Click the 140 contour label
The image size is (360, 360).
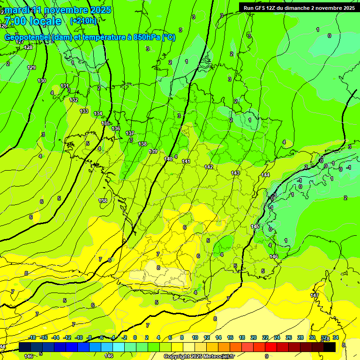[168, 159]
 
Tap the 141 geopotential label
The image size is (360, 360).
[186, 161]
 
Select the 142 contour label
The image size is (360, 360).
[209, 167]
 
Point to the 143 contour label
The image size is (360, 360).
[235, 173]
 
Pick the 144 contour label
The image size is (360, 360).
[265, 175]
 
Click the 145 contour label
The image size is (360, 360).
[255, 226]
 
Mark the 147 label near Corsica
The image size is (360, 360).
[314, 295]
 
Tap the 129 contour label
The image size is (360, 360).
[31, 68]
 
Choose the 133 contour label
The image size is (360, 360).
[83, 111]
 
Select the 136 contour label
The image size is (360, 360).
[116, 128]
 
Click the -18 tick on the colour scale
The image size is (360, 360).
[32, 337]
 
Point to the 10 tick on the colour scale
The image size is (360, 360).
[195, 337]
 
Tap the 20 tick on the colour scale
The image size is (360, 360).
[253, 337]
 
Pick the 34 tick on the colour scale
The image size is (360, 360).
[336, 337]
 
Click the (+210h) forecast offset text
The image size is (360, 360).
[83, 21]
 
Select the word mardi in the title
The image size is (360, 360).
[17, 10]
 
